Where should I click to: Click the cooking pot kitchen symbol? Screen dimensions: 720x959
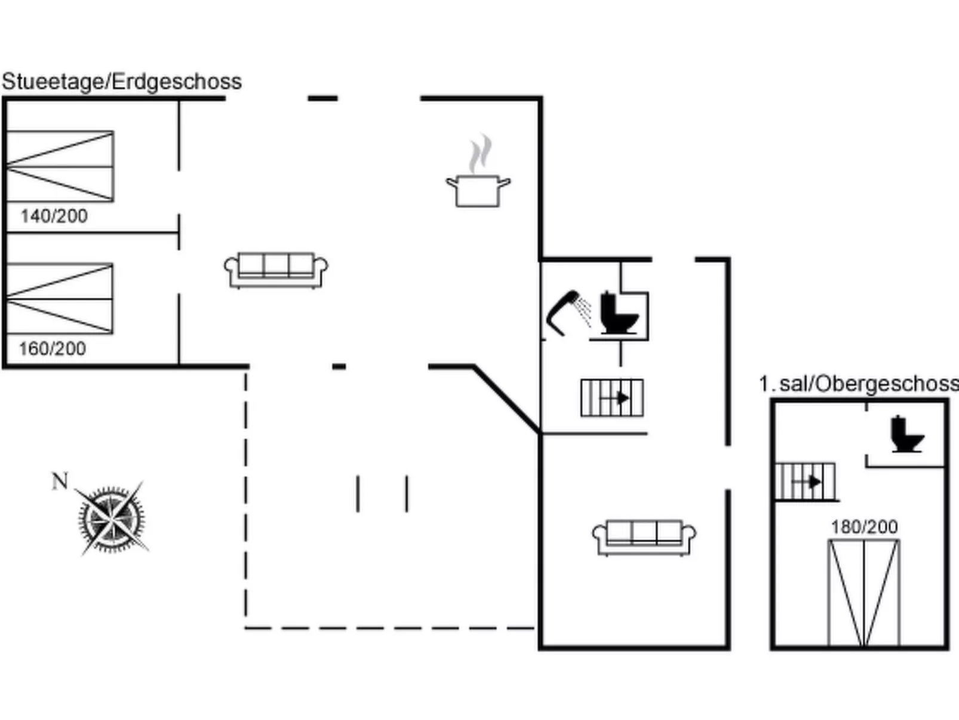click(x=478, y=191)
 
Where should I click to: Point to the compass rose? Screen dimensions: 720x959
click(x=112, y=519)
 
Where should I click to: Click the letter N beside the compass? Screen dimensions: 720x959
click(x=60, y=481)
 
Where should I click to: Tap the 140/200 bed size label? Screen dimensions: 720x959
click(x=54, y=216)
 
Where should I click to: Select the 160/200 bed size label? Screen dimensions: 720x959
click(x=53, y=348)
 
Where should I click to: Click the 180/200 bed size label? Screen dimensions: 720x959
click(x=864, y=526)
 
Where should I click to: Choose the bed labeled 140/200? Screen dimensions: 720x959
click(x=60, y=166)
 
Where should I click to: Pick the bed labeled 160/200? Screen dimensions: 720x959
click(x=60, y=298)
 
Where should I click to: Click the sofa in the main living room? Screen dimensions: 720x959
click(x=276, y=269)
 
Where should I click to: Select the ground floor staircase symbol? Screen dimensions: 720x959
click(x=612, y=397)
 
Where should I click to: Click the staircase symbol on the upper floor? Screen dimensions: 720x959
click(x=805, y=481)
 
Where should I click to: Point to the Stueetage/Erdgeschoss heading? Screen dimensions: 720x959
click(x=122, y=81)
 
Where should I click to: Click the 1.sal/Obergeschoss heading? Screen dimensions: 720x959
click(x=859, y=384)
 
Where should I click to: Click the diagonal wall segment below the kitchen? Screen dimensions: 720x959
click(x=506, y=398)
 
